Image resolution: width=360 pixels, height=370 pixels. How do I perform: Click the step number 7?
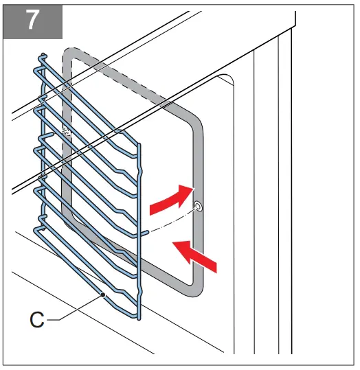(33, 21)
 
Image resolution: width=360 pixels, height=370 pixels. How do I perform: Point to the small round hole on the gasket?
(197, 206)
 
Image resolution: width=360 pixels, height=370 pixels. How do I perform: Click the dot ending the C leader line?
(102, 294)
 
